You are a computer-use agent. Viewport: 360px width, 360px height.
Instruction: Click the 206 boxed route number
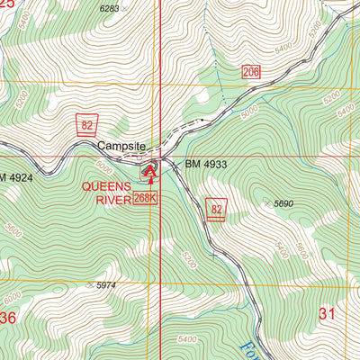point(251,72)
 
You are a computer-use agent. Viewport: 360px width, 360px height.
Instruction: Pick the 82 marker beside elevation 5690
point(216,206)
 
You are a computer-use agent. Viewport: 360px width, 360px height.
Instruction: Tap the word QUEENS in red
point(107,186)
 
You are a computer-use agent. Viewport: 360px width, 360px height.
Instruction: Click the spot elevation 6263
point(109,8)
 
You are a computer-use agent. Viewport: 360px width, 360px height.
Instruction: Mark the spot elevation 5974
point(106,285)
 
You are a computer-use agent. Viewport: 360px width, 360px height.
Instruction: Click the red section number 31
point(328,313)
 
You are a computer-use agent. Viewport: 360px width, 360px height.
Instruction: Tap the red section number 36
point(7,318)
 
